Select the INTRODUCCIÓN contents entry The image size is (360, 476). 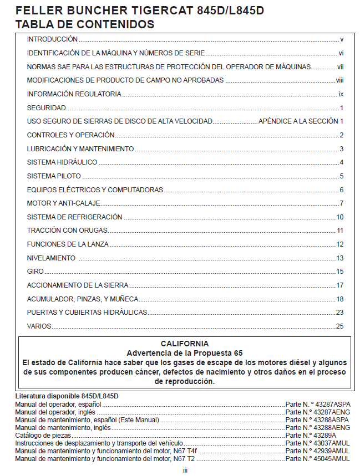(x=52, y=39)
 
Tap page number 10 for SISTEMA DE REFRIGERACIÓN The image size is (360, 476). (x=340, y=217)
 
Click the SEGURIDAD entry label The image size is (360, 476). (x=46, y=108)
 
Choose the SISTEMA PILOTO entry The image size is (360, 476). (x=54, y=176)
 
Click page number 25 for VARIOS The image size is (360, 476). (x=340, y=326)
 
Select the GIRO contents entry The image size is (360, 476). (x=36, y=272)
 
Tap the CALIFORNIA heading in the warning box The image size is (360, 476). (x=185, y=344)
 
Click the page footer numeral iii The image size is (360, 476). (x=185, y=470)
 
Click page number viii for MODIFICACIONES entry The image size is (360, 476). (x=339, y=80)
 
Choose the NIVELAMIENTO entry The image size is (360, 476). (x=51, y=258)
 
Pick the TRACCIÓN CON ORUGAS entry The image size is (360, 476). (x=67, y=231)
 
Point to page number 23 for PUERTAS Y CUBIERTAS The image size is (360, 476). (x=340, y=313)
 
